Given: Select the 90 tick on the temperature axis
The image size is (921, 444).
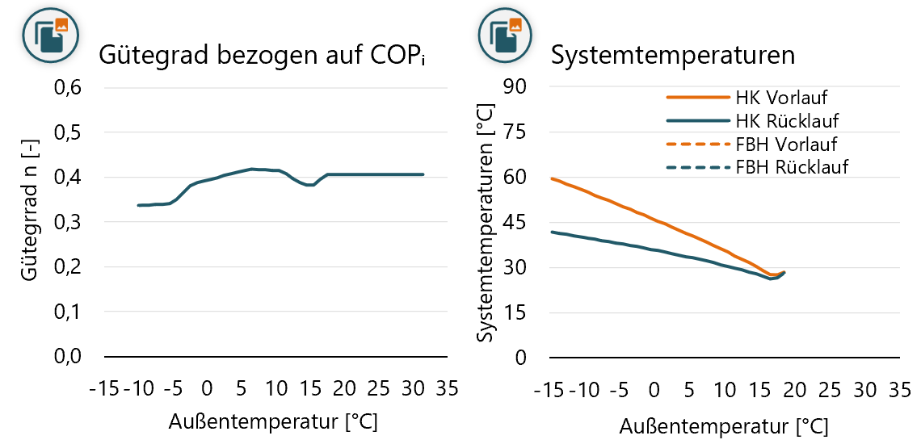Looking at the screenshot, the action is [x=519, y=87].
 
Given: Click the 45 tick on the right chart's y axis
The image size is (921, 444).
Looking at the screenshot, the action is [x=519, y=223].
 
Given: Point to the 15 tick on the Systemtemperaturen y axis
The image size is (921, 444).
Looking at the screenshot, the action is [x=519, y=313].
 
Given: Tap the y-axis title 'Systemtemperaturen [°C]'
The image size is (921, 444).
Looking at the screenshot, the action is [x=487, y=223].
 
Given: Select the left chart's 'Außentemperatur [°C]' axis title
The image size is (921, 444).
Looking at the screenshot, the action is [x=273, y=421].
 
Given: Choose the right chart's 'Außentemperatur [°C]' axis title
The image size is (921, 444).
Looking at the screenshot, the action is [x=724, y=424].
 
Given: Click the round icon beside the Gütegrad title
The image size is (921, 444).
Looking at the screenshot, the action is [x=50, y=31].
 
